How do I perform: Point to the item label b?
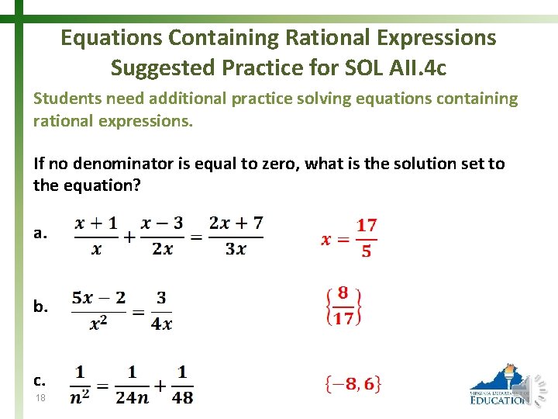coord(40,306)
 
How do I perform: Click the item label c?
coord(40,380)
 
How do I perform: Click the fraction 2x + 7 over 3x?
coord(236,236)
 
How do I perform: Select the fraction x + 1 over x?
coord(95,236)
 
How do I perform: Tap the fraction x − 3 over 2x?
coord(163,236)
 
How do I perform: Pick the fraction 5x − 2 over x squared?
coord(98,310)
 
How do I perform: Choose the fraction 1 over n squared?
coord(79,384)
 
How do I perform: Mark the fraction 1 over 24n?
coord(133,384)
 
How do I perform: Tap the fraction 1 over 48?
coord(182,384)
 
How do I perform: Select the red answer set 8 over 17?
coord(343,306)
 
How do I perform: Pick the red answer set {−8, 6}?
coord(353,383)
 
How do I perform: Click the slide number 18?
coord(40,397)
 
